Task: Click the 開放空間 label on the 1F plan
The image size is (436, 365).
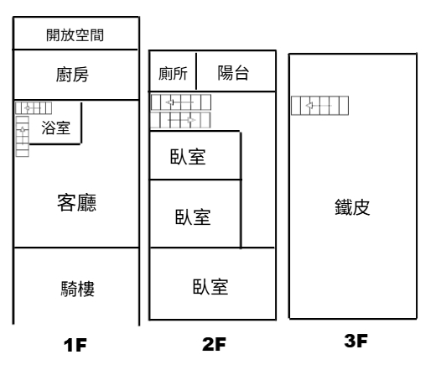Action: click(x=75, y=35)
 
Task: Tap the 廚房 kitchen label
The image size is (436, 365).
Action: click(x=72, y=75)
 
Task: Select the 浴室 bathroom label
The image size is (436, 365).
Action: click(x=55, y=128)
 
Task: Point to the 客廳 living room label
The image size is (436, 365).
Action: click(x=76, y=202)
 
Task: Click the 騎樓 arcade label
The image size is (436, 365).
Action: click(x=78, y=289)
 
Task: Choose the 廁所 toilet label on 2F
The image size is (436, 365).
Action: click(x=173, y=73)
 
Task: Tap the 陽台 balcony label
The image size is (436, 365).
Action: click(x=233, y=73)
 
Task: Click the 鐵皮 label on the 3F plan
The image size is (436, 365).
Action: click(x=352, y=207)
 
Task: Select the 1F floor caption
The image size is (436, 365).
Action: click(x=75, y=345)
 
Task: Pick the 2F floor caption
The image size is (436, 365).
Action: click(x=214, y=344)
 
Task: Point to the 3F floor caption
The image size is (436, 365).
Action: click(x=356, y=341)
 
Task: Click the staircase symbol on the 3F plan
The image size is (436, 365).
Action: click(x=319, y=106)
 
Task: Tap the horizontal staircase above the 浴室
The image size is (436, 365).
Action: click(x=34, y=108)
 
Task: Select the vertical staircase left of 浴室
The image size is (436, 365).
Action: click(x=23, y=136)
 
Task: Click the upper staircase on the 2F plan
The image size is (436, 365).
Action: click(x=181, y=102)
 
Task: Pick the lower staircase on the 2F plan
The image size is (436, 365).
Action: click(x=180, y=120)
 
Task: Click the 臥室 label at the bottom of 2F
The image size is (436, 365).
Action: click(x=210, y=286)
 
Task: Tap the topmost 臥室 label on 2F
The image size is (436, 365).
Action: click(x=188, y=156)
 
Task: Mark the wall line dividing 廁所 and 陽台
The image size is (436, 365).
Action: click(x=196, y=71)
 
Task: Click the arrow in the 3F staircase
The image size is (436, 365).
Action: click(x=319, y=106)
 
